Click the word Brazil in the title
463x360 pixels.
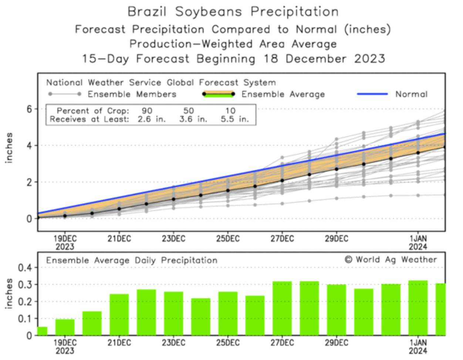click(x=146, y=12)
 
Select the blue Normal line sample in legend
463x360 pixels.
click(x=372, y=94)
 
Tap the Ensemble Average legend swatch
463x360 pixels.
click(x=219, y=94)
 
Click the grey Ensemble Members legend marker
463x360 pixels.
click(x=65, y=94)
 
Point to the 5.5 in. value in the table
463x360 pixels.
click(x=234, y=119)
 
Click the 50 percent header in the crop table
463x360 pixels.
click(x=189, y=111)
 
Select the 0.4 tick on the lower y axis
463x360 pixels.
click(x=26, y=268)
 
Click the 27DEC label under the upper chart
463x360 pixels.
click(x=282, y=239)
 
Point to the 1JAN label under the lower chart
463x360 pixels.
click(x=418, y=343)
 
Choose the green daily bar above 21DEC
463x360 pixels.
click(x=119, y=314)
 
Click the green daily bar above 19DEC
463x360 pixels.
click(x=65, y=327)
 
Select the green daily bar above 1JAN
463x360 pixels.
click(x=418, y=308)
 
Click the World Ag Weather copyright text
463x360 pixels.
click(x=391, y=260)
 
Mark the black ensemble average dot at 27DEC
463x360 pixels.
click(x=282, y=181)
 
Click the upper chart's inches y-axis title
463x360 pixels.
click(x=9, y=147)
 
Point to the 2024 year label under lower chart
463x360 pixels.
click(x=418, y=351)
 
